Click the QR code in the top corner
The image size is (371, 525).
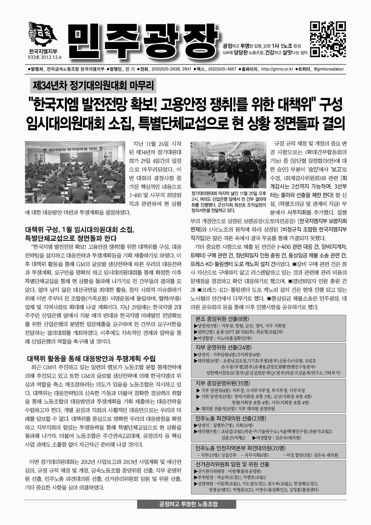(x=328, y=39)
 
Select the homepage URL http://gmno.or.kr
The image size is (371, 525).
(x=277, y=69)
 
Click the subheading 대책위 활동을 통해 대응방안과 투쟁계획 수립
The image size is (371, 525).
(x=91, y=359)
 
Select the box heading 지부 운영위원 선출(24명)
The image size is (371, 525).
(x=224, y=347)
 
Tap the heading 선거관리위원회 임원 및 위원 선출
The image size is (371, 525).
(x=232, y=464)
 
